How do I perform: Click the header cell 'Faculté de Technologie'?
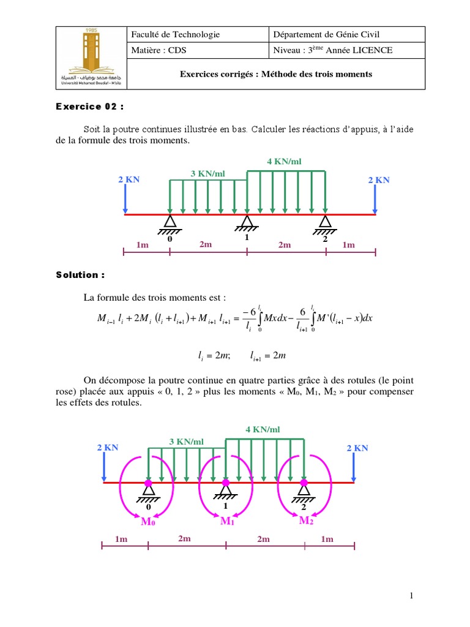coord(175,35)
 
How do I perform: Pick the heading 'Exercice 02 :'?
coord(89,107)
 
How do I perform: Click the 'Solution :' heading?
coord(80,275)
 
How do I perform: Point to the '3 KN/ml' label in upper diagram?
coord(208,174)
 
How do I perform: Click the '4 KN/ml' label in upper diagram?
coord(284,162)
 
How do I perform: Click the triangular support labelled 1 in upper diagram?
coord(247,222)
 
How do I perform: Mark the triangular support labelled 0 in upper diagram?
coord(170,222)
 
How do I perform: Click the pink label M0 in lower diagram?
coord(149,522)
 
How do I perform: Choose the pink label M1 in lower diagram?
coord(227,521)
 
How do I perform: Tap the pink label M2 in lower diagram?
coord(306,520)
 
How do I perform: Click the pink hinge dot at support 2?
coord(304,483)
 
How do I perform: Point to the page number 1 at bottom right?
coord(412,595)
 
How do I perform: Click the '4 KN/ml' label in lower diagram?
coord(263,430)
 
